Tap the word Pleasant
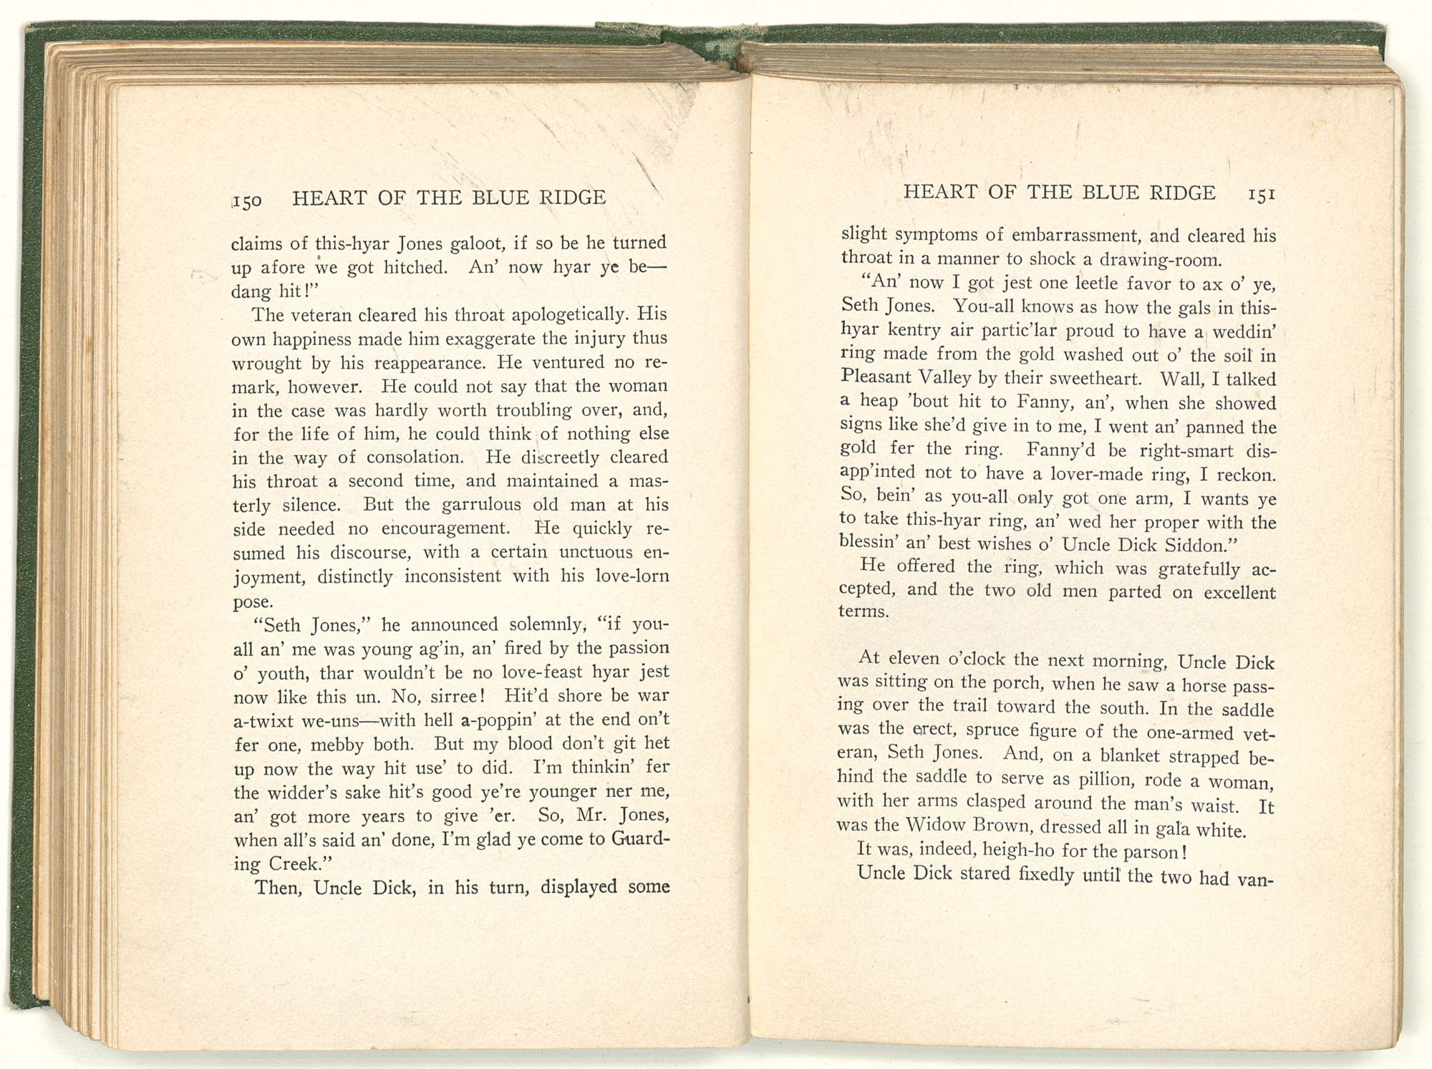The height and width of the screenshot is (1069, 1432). coord(875,377)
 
